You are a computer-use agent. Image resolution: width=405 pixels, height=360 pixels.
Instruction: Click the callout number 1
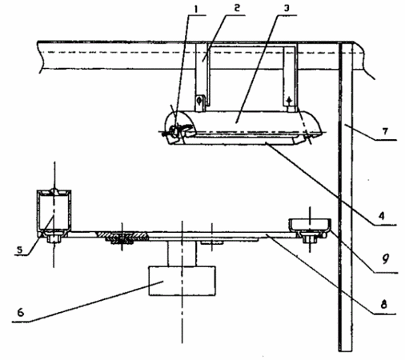(196, 9)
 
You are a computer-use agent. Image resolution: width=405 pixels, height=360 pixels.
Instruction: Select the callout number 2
(237, 8)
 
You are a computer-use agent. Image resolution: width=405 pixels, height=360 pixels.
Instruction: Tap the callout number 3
(287, 8)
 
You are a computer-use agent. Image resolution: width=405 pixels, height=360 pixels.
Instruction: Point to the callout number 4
(382, 216)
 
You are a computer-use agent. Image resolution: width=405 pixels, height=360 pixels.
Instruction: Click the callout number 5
(19, 250)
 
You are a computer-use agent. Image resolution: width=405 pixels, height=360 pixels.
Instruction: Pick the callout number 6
(21, 312)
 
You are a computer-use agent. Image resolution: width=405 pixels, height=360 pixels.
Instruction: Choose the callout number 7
(385, 131)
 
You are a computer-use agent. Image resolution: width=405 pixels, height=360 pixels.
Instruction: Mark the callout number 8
(383, 304)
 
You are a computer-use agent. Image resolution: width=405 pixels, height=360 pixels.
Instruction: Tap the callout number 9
(385, 258)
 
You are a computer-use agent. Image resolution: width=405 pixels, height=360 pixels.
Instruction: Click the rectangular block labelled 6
(182, 281)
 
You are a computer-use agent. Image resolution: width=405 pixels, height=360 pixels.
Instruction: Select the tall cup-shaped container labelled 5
(54, 211)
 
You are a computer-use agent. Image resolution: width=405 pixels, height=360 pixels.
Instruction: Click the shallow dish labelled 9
(311, 225)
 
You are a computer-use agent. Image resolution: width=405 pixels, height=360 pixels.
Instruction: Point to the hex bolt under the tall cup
(54, 238)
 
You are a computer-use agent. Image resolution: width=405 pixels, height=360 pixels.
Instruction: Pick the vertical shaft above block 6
(182, 254)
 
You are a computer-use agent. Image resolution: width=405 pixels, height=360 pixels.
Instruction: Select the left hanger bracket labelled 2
(202, 78)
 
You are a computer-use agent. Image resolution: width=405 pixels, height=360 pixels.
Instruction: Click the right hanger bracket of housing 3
(290, 78)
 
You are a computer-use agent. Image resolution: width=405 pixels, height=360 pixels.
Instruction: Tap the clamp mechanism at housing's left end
(178, 130)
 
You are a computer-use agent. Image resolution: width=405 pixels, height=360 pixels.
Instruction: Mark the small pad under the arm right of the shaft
(211, 242)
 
